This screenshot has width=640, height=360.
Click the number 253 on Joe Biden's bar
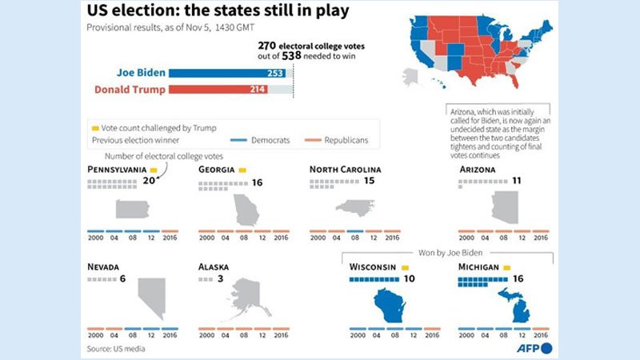coord(277,73)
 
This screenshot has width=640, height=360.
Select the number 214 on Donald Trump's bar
coord(255,90)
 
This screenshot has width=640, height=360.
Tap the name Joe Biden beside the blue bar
coord(141,73)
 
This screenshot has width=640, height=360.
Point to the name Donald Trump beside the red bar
coord(130,90)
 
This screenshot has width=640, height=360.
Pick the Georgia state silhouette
coord(245,210)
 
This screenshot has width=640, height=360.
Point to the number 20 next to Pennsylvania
coord(148,182)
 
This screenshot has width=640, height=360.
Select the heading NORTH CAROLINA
coord(345,170)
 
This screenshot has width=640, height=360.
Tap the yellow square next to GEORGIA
coord(242,170)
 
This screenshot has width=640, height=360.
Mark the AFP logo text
coord(526,349)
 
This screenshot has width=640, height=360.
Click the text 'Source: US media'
coord(116,349)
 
